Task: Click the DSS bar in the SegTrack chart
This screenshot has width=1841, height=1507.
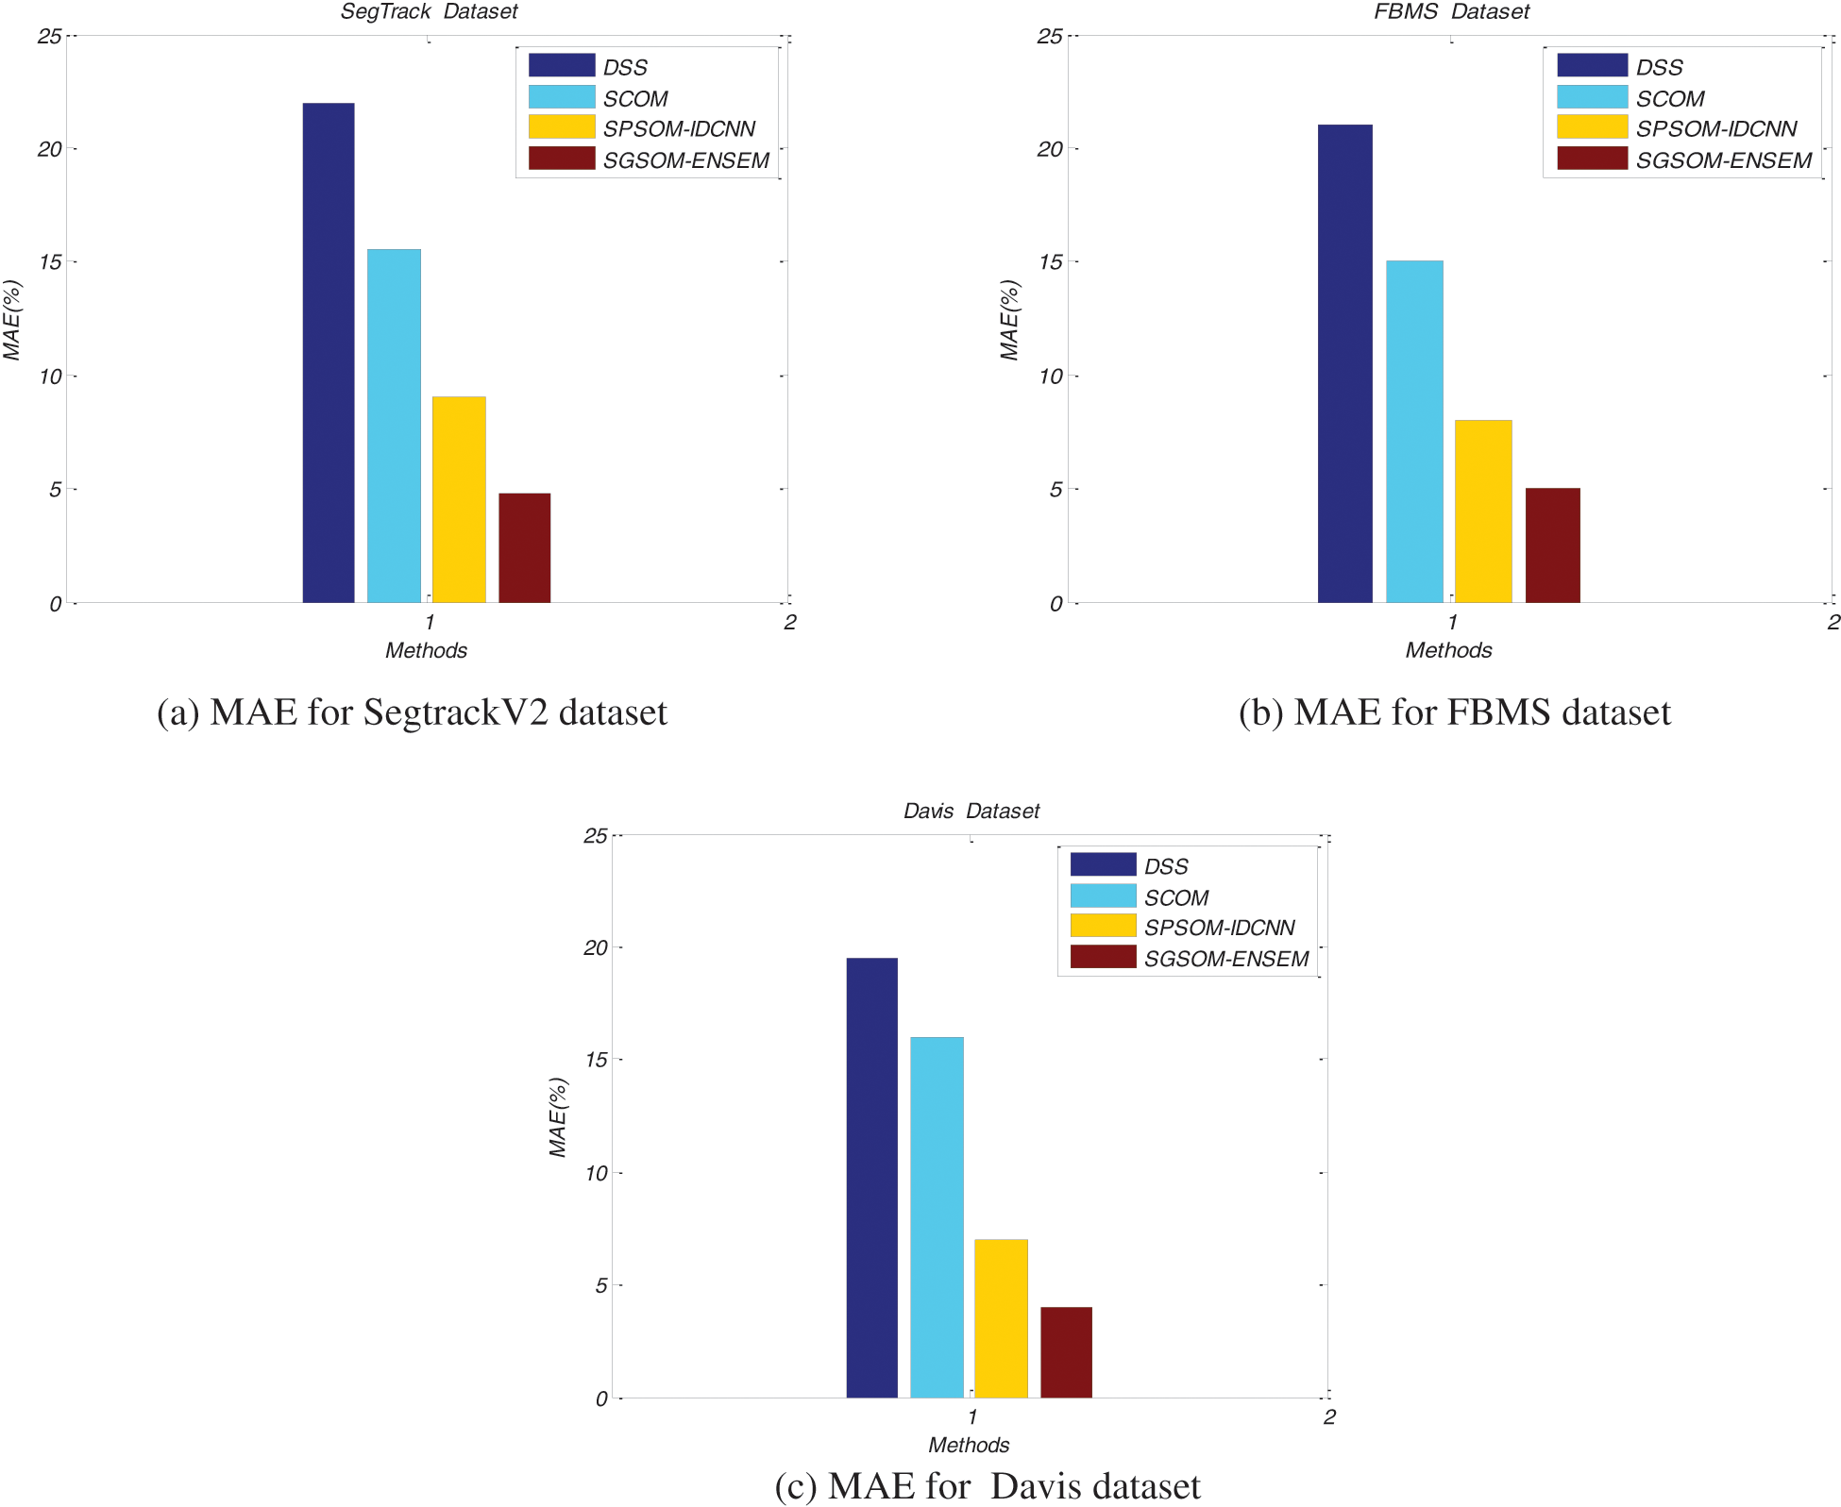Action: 328,354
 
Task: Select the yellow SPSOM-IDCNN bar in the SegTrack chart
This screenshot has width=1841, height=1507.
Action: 459,500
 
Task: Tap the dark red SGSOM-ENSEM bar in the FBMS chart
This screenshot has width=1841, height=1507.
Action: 1552,545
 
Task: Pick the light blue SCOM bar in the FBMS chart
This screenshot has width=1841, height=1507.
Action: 1413,432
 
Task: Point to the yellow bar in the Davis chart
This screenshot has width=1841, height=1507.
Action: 1001,1318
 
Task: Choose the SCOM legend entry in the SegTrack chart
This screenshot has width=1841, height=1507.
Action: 634,98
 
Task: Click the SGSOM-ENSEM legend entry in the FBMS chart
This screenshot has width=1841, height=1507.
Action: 1723,160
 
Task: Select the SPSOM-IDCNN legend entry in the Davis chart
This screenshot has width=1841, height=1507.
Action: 1218,928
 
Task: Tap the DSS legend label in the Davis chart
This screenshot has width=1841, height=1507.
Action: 1166,866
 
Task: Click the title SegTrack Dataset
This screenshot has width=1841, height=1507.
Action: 429,11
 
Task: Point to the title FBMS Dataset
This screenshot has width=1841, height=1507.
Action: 1451,11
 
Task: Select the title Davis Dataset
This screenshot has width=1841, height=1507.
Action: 971,811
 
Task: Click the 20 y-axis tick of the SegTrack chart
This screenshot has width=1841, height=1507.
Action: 49,149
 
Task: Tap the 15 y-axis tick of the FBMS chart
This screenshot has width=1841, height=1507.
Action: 1050,262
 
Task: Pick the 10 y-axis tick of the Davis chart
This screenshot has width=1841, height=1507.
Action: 596,1173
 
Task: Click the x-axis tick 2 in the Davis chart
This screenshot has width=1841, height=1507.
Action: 1329,1416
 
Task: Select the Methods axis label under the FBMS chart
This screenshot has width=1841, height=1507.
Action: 1448,650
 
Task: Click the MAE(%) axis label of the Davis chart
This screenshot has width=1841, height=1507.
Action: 558,1117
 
